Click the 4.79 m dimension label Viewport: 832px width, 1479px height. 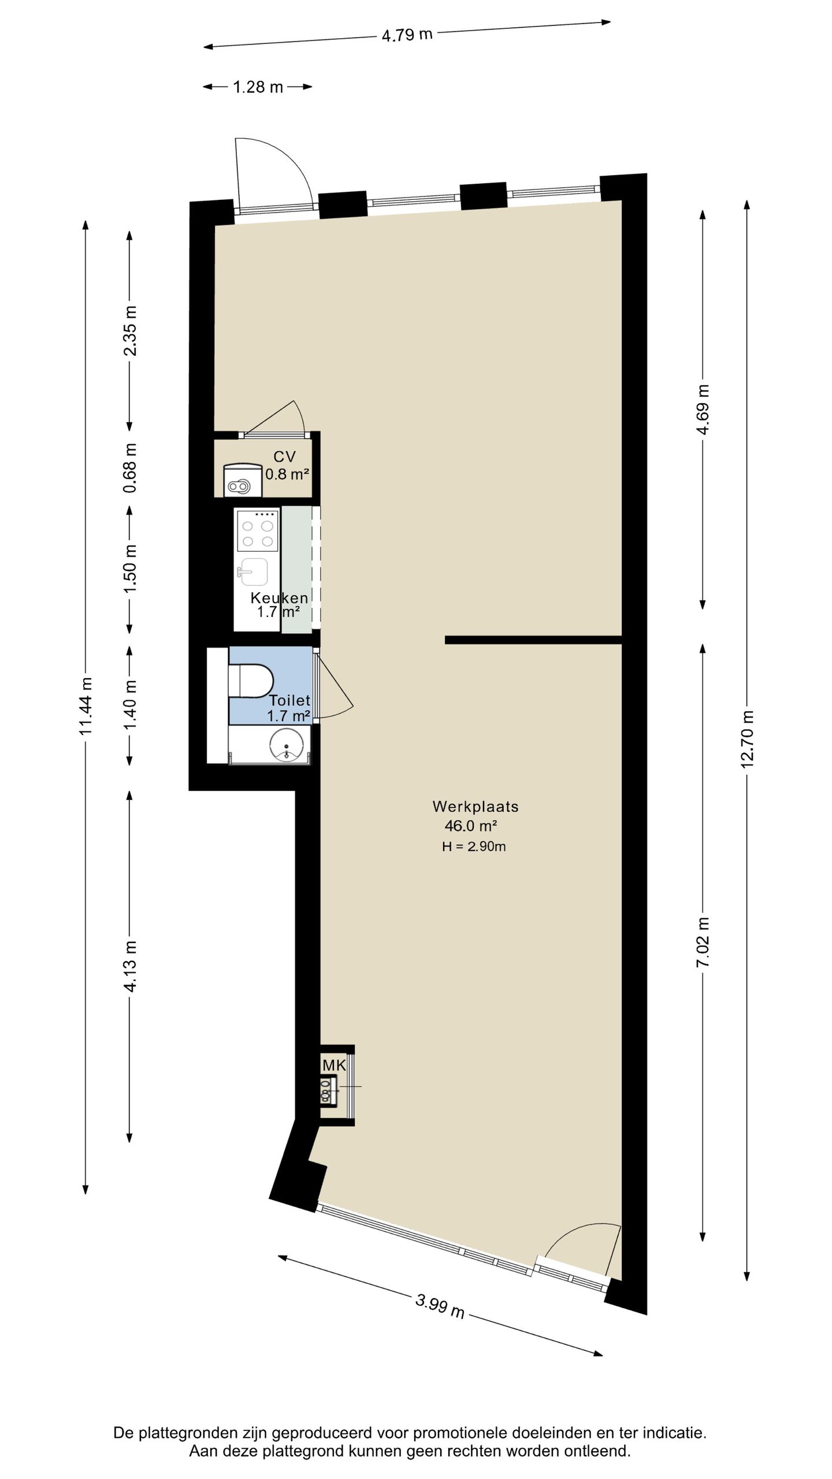click(x=407, y=35)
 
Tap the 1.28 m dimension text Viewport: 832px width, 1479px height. click(x=258, y=87)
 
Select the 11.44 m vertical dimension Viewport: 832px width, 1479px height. click(x=86, y=706)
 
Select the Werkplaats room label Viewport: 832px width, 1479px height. click(x=475, y=807)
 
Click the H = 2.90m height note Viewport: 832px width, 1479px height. click(x=474, y=847)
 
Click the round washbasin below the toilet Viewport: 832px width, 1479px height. click(x=287, y=745)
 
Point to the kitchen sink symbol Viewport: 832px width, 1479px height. click(x=254, y=571)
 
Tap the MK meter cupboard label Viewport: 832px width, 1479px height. click(x=334, y=1065)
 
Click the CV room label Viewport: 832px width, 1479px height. click(x=284, y=456)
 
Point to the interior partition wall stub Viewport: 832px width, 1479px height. click(x=533, y=640)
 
